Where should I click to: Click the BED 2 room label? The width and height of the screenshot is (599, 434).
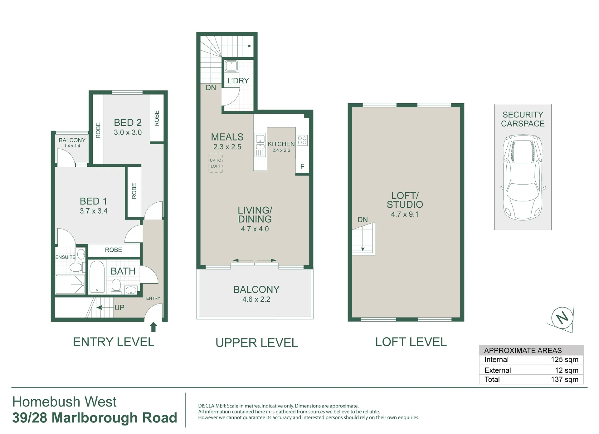tap(128, 122)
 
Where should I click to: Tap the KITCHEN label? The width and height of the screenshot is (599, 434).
tap(281, 144)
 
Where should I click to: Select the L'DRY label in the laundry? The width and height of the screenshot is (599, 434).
tap(238, 81)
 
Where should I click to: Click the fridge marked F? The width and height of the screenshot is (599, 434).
tap(302, 166)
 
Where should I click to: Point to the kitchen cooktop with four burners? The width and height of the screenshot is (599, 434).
tap(302, 140)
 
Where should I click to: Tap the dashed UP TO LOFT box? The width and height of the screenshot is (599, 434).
tap(216, 163)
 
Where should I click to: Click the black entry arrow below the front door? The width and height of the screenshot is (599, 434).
tap(153, 327)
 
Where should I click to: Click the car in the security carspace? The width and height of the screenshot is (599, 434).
tap(523, 177)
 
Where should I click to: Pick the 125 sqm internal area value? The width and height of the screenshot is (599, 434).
tap(564, 359)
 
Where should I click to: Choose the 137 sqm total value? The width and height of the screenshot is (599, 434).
tap(564, 379)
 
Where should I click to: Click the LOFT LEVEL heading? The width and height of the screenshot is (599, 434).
tap(411, 342)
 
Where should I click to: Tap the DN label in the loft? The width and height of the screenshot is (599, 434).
tap(363, 219)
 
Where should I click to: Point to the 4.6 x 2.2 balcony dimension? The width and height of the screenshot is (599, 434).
tap(256, 299)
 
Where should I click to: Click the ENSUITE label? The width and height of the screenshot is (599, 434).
tap(65, 257)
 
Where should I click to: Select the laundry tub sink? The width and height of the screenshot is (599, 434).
tap(231, 66)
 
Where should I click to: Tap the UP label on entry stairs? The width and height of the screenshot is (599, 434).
tap(119, 308)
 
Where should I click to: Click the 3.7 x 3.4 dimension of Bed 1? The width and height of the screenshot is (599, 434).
tap(93, 211)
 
